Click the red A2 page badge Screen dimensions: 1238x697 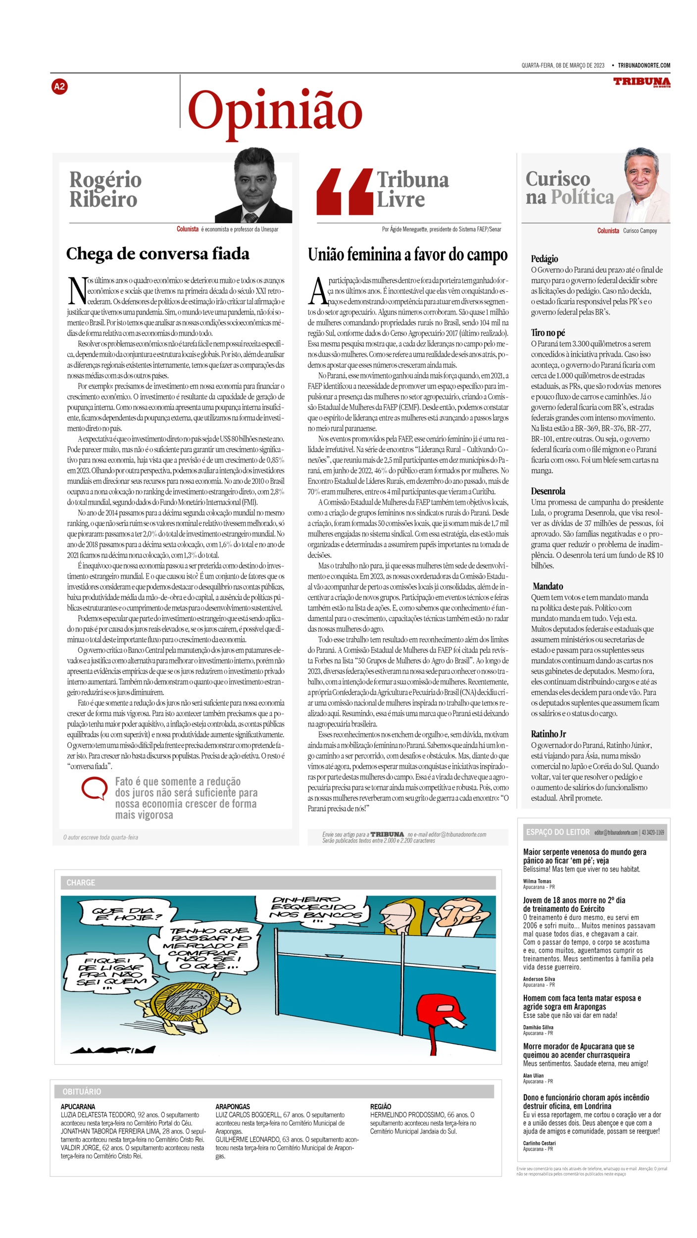tap(59, 87)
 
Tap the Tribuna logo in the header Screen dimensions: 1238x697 tap(642, 82)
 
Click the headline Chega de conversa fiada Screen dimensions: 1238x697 tap(157, 254)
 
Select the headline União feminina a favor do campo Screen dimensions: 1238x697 tap(407, 255)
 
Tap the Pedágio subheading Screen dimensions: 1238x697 tap(545, 258)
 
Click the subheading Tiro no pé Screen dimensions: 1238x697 tap(548, 332)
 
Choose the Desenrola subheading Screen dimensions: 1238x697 tap(548, 491)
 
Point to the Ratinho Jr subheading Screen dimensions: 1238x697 tap(548, 734)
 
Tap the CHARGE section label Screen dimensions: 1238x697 tap(81, 882)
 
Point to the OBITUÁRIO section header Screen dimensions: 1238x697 tap(82, 1091)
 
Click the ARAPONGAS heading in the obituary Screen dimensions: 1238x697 tap(233, 1106)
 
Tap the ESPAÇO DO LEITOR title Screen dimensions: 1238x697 tap(558, 832)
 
